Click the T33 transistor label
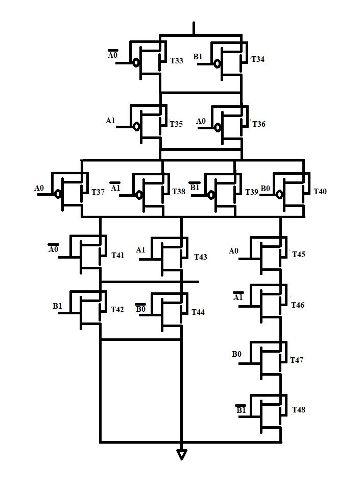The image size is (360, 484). (176, 60)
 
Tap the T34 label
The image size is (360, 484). (258, 59)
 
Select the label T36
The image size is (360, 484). (258, 124)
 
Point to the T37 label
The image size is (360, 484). (98, 192)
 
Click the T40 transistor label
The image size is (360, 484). (320, 192)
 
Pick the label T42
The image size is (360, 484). (117, 310)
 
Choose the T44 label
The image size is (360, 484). (198, 312)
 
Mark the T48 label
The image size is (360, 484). (299, 410)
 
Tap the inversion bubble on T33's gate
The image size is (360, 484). (136, 63)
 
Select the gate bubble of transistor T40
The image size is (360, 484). (279, 194)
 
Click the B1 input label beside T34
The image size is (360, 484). (198, 56)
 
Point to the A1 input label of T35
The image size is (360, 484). (111, 121)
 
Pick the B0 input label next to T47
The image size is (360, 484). (237, 354)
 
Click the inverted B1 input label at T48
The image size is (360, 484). (241, 410)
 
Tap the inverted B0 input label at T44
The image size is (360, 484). (140, 308)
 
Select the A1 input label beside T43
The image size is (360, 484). (141, 250)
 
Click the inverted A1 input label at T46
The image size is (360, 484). (238, 297)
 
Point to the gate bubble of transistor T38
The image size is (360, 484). (138, 194)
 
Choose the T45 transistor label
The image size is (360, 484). (299, 254)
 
